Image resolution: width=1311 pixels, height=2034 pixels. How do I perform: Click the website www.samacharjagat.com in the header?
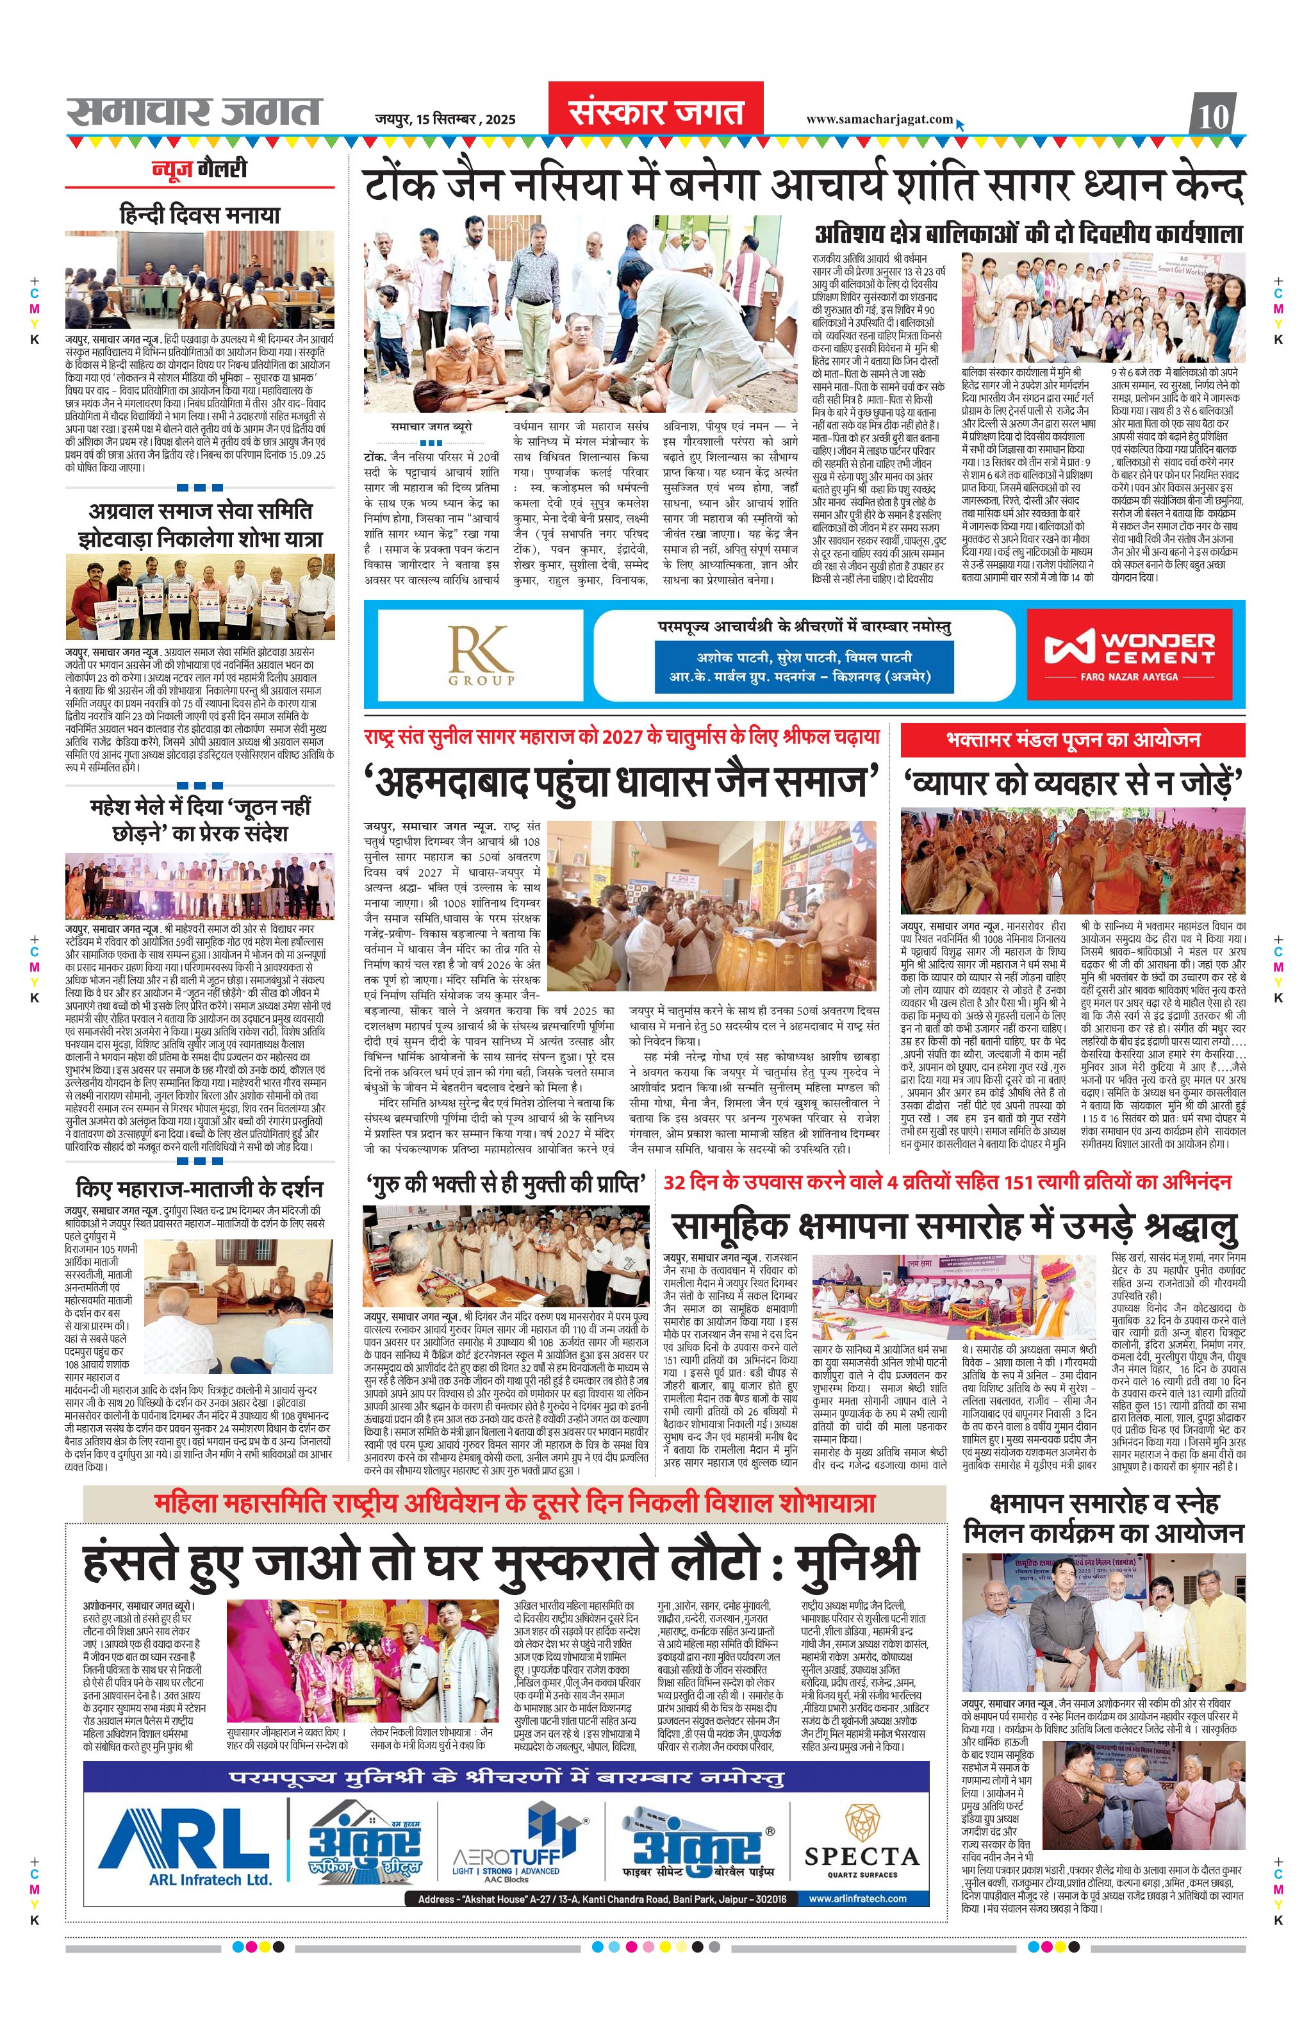879,119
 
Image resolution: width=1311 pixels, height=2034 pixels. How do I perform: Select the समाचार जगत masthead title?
194,112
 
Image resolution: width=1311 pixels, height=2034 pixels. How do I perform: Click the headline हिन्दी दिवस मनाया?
199,215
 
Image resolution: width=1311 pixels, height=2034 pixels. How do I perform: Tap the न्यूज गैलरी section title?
199,169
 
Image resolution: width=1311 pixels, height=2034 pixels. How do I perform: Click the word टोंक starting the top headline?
399,186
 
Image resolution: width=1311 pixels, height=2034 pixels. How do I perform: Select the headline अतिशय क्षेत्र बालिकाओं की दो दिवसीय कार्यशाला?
1029,234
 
